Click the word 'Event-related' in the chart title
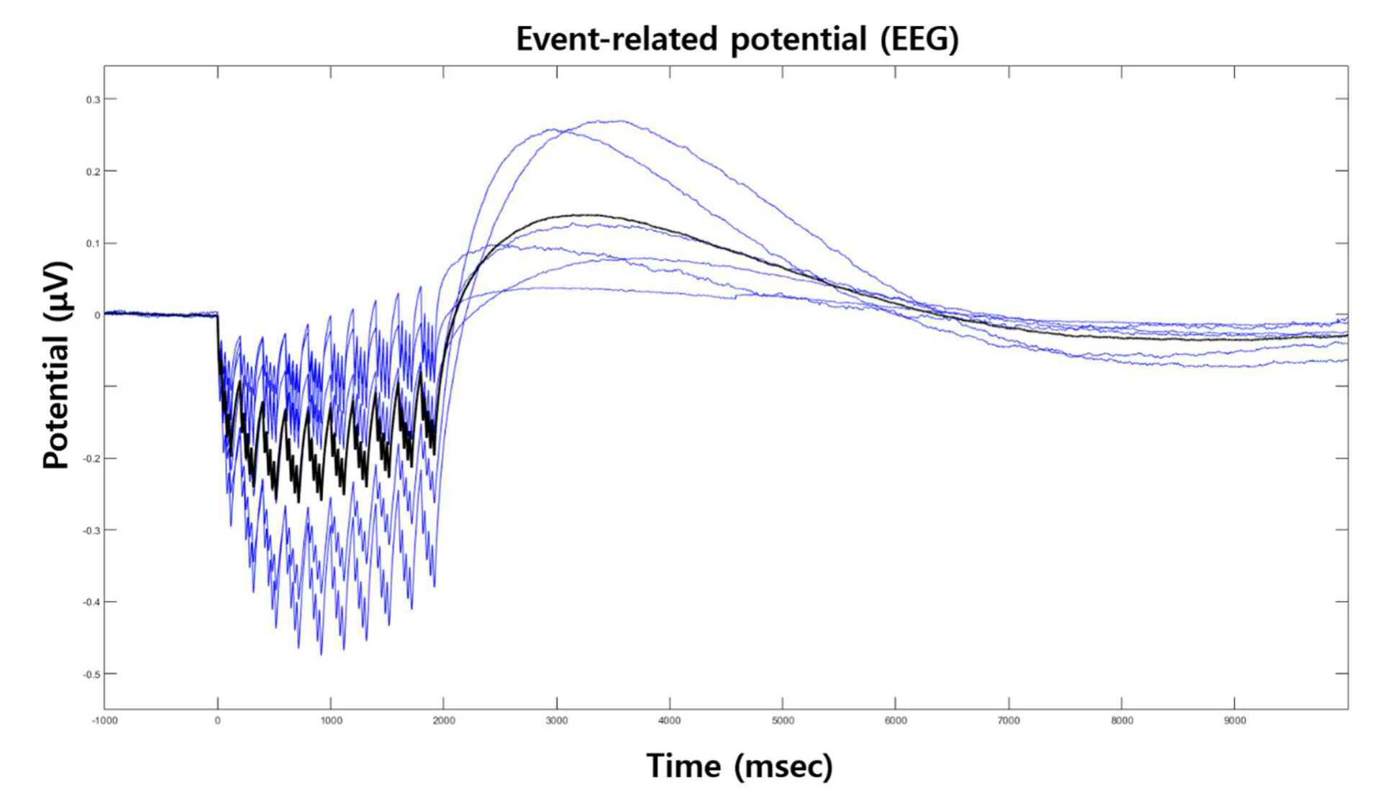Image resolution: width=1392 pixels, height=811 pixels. [x=617, y=38]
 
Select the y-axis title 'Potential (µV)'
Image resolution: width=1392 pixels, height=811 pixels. [x=57, y=366]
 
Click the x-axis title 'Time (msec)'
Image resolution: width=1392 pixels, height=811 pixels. [x=740, y=766]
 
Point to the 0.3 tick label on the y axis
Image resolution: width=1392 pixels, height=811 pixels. [x=93, y=99]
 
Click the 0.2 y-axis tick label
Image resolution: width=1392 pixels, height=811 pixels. [x=93, y=171]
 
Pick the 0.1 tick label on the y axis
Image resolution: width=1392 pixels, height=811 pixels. [x=93, y=243]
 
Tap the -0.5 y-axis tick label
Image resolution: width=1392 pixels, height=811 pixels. [x=91, y=674]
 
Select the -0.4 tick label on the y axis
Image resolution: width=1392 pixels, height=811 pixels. [x=91, y=602]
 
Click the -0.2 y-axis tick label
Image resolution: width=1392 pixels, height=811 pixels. [x=91, y=458]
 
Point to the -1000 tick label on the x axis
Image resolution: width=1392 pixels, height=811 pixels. [x=104, y=720]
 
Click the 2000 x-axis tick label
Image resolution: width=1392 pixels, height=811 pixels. [x=444, y=720]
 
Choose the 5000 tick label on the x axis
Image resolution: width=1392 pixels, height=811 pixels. [x=783, y=720]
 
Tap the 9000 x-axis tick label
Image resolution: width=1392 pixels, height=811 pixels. [x=1235, y=720]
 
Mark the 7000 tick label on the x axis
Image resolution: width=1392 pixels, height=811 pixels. [x=1009, y=720]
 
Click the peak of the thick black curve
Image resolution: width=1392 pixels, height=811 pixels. [x=590, y=214]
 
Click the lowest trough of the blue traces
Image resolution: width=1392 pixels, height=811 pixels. [x=321, y=654]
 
